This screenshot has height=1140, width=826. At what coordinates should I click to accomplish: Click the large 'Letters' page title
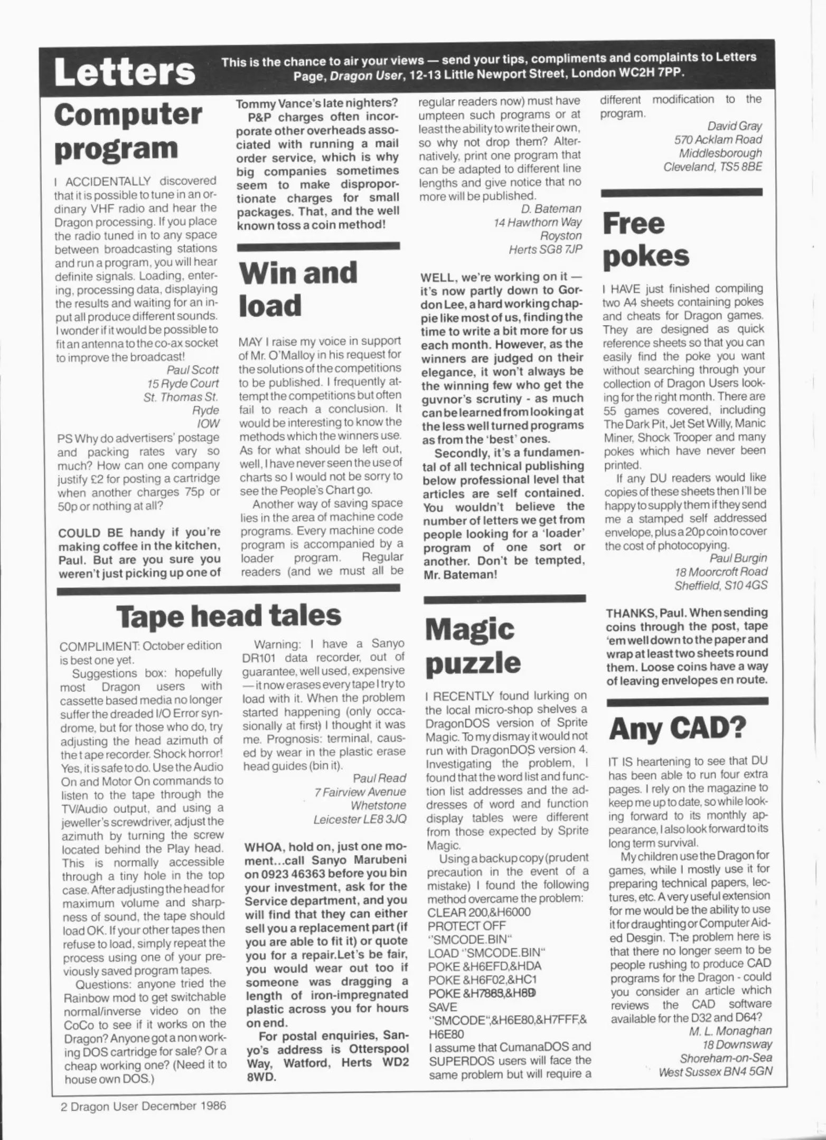[x=125, y=72]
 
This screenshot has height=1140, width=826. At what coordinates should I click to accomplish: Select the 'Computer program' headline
[x=128, y=132]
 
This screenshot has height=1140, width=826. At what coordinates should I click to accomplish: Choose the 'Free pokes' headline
[x=646, y=240]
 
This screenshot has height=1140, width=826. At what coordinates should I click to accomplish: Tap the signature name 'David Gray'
[x=734, y=126]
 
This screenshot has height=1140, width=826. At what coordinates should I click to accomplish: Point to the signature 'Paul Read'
[x=379, y=778]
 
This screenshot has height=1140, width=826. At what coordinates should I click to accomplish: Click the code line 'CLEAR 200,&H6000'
[x=479, y=912]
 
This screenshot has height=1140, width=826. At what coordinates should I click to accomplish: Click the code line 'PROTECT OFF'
[x=466, y=926]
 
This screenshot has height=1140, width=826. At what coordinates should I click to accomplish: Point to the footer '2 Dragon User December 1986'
[x=143, y=1105]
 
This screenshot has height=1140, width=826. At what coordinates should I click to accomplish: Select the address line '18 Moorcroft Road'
[x=720, y=572]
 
